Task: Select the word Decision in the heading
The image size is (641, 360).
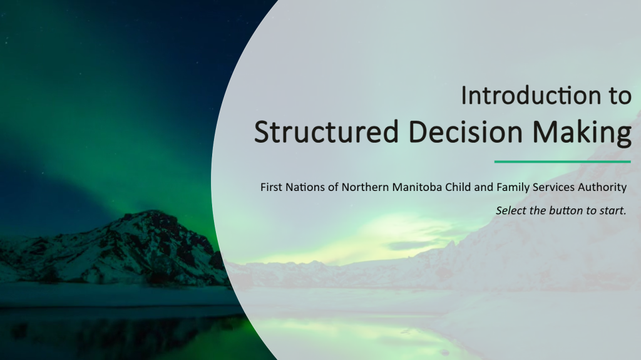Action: (x=466, y=131)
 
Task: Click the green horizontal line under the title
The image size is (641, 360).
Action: (x=563, y=162)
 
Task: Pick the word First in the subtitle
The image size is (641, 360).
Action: (x=271, y=187)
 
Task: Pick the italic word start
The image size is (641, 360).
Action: (x=613, y=211)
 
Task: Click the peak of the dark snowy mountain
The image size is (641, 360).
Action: (x=152, y=212)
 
